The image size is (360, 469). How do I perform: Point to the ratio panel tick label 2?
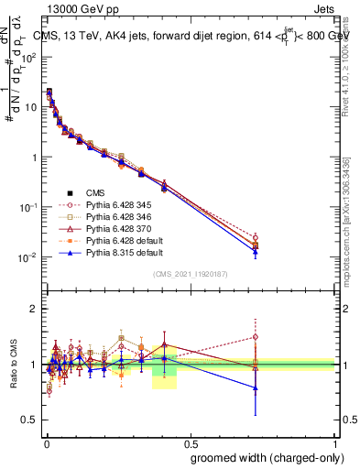[35, 309]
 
